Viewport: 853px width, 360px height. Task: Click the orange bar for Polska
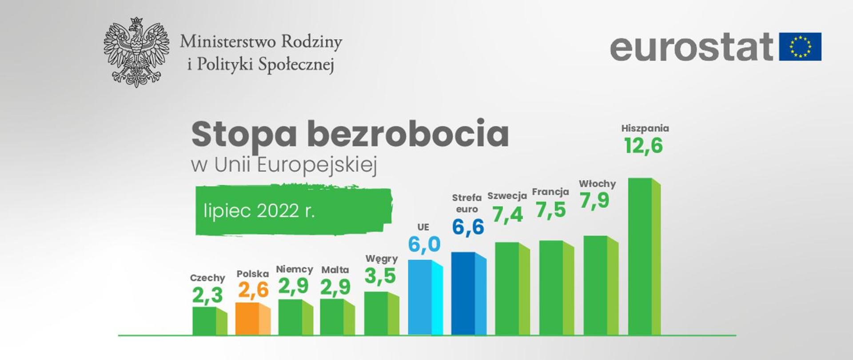252,319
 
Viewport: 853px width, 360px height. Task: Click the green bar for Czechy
209,321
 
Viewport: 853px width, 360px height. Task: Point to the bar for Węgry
381,313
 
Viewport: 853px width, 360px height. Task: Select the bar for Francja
556,288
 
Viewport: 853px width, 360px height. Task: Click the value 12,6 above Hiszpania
643,146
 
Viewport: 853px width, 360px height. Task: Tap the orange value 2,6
253,290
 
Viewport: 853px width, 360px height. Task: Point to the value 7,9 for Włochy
594,200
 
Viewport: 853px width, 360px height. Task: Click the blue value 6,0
424,244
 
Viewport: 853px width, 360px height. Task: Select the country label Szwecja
507,196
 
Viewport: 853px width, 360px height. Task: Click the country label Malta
335,270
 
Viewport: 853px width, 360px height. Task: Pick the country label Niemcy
294,269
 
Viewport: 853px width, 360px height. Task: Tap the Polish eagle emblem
136,52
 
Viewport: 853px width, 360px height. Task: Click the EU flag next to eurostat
800,47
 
